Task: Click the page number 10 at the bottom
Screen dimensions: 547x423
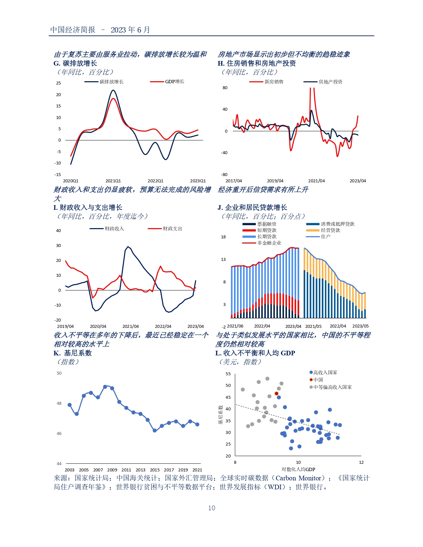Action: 212,508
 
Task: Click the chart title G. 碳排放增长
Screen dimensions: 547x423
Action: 75,63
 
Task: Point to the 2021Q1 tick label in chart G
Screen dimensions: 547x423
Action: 113,181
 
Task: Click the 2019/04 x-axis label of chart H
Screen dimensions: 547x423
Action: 275,181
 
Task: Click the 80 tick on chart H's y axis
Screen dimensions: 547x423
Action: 225,88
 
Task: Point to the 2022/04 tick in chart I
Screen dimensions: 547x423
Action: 163,326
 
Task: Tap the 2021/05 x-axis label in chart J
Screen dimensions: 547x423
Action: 313,326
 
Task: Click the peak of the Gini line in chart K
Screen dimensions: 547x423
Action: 105,387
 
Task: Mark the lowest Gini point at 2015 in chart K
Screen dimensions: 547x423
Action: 155,430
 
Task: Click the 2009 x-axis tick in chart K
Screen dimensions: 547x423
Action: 112,470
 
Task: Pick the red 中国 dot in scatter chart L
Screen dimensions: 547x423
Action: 276,394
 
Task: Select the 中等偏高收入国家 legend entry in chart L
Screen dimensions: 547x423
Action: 332,387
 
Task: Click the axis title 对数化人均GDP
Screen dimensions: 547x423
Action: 298,469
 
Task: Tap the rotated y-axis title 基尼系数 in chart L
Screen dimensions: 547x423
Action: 220,415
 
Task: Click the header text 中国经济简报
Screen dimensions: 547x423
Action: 73,30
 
